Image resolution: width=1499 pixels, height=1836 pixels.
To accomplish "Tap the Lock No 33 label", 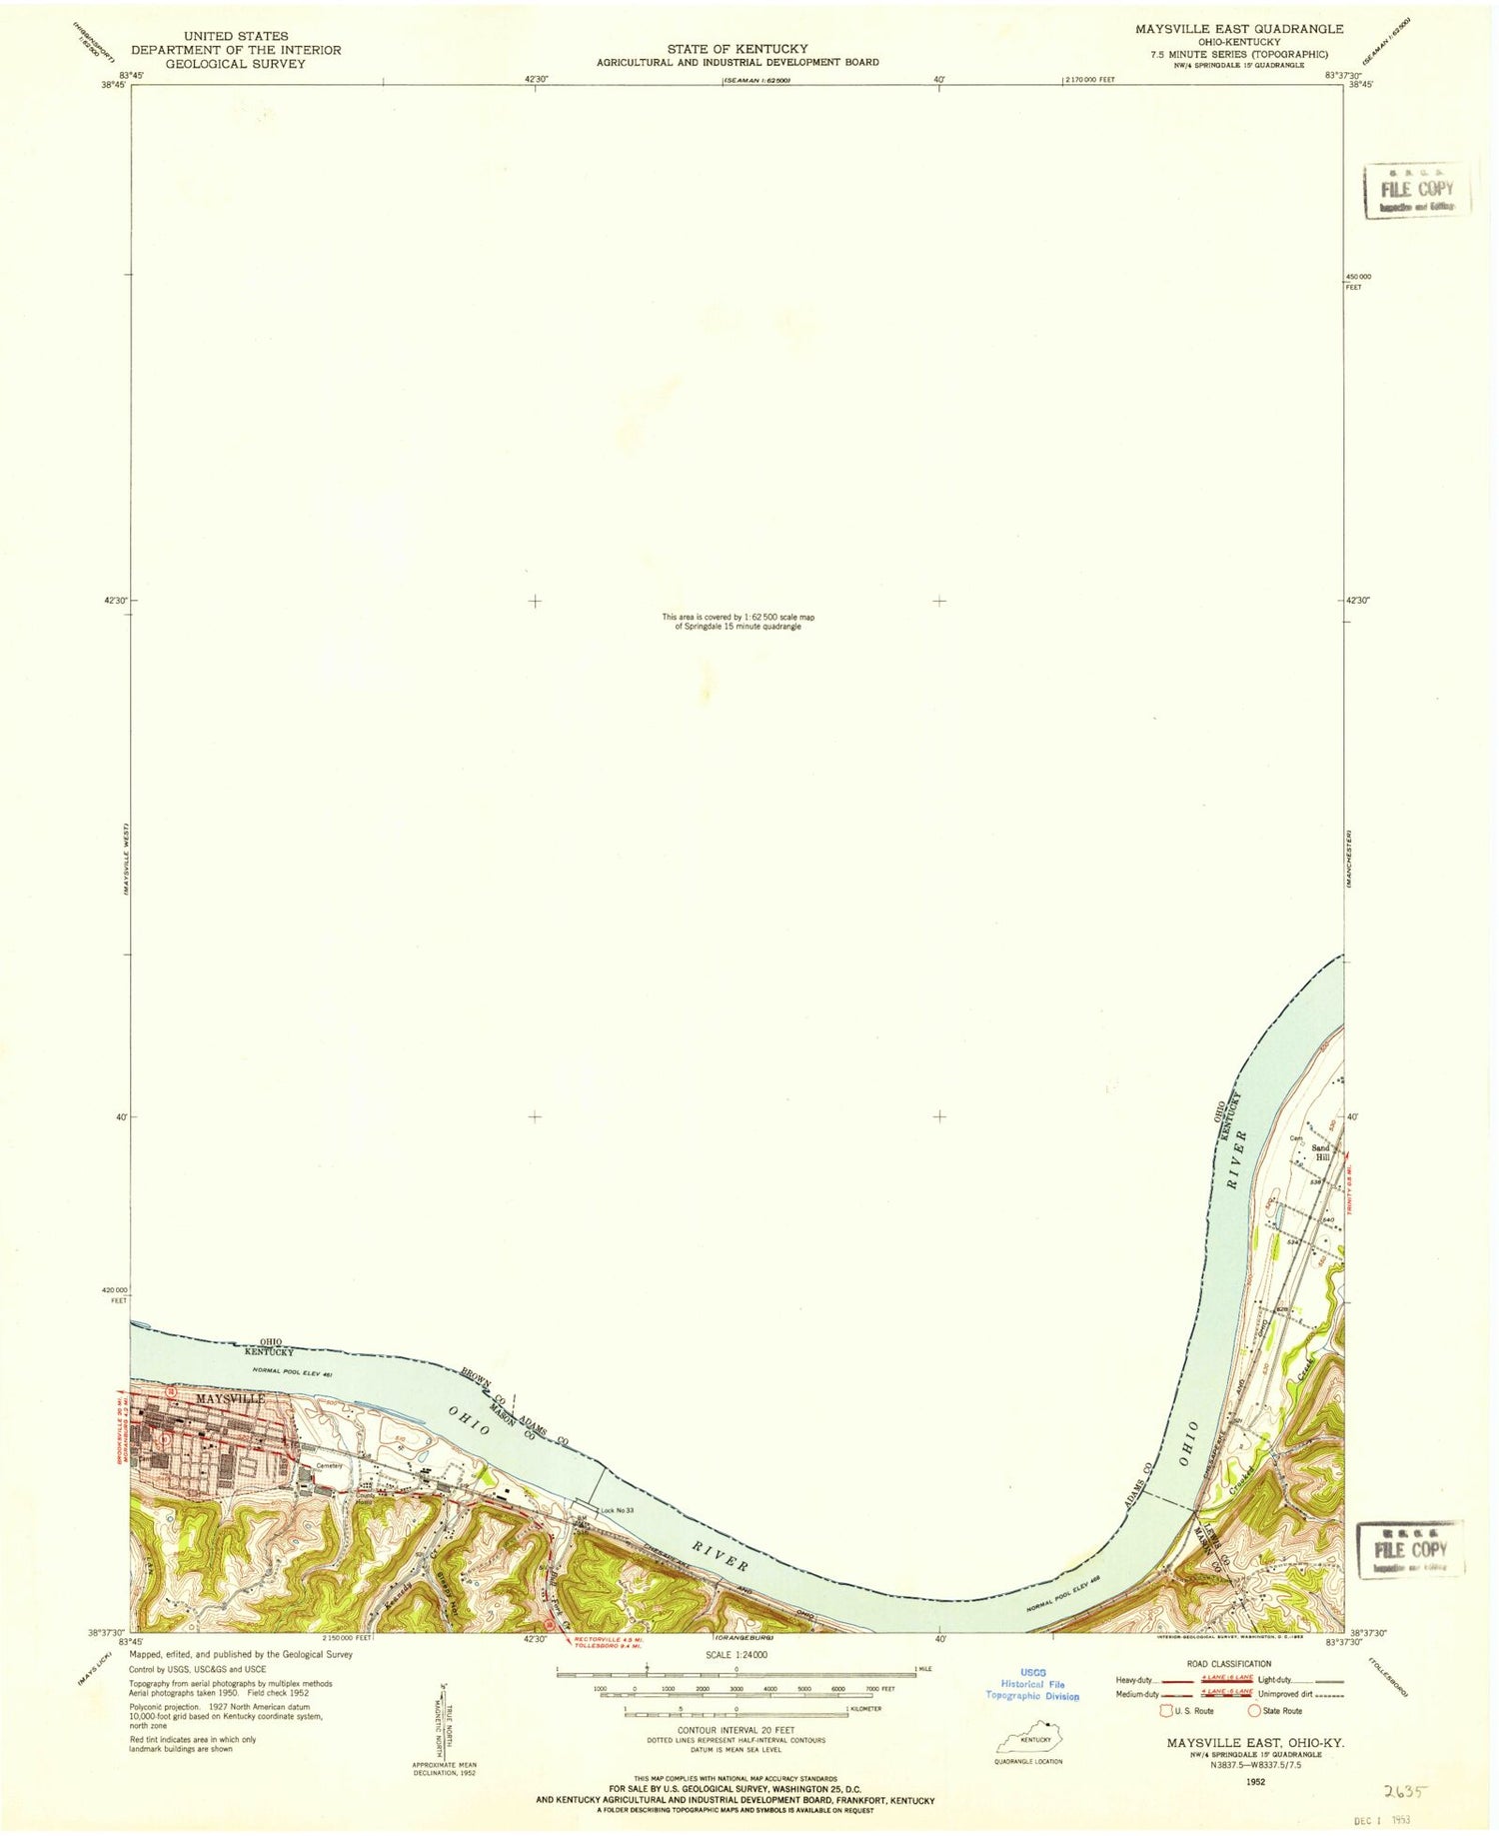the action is (617, 1510).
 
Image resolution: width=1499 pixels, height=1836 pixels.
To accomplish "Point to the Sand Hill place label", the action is (1320, 1153).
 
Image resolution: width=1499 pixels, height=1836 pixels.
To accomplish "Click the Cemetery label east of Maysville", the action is (330, 1466).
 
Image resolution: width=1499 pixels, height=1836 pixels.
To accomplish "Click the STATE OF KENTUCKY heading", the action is (738, 48).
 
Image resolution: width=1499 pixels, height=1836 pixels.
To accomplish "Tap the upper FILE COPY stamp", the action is (1417, 190).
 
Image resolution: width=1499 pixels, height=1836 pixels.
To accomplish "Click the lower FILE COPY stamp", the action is (1410, 1550).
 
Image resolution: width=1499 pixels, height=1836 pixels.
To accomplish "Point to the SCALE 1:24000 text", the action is (736, 1654).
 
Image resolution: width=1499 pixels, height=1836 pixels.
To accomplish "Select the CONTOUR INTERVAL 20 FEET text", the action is (736, 1730).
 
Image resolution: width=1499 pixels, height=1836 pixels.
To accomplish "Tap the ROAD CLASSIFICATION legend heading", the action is (1228, 1664).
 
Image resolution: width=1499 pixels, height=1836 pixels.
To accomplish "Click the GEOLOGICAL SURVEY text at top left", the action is (236, 64).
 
